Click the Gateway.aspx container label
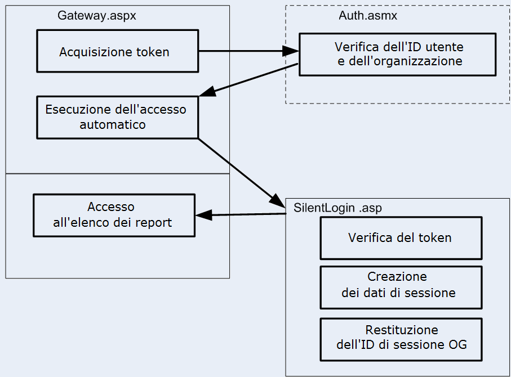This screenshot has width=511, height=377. (x=96, y=16)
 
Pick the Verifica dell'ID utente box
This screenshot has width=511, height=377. (x=397, y=54)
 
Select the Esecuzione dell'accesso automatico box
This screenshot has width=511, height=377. (x=117, y=117)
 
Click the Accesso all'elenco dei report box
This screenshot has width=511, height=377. (x=114, y=215)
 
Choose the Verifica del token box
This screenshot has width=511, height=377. (x=401, y=237)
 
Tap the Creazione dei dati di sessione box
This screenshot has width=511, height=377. (x=401, y=287)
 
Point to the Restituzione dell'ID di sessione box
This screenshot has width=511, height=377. (x=401, y=339)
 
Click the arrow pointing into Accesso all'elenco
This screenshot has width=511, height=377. (x=240, y=214)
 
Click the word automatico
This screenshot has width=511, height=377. (x=112, y=124)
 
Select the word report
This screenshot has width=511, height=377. (x=154, y=222)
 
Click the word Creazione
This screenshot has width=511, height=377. (x=397, y=277)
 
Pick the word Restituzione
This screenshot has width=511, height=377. (x=401, y=330)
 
